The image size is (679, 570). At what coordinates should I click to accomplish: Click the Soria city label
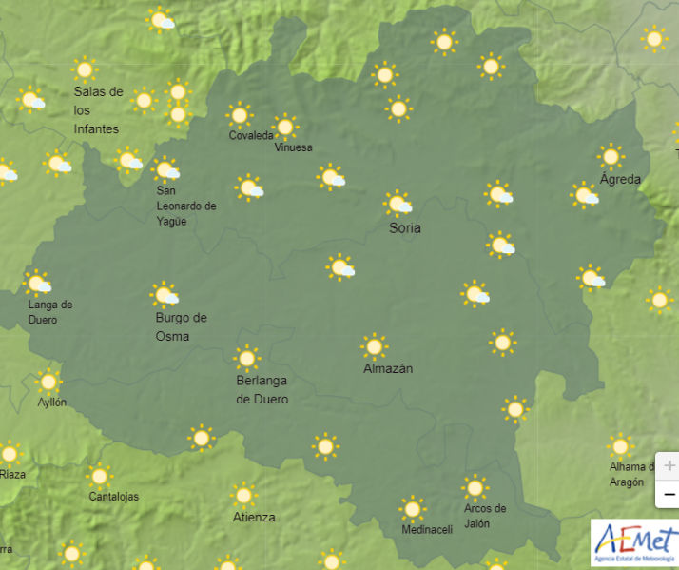click(x=405, y=228)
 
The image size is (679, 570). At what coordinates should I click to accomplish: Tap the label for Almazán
click(x=388, y=368)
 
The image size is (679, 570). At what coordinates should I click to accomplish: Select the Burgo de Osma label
click(x=181, y=326)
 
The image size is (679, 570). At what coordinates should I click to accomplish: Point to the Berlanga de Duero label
click(x=262, y=389)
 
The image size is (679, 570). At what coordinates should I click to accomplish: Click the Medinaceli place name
click(x=427, y=530)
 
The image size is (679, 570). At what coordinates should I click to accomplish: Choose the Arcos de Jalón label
click(x=485, y=516)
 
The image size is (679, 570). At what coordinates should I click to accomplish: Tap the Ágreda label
click(x=620, y=179)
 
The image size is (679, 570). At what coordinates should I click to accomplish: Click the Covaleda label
click(x=251, y=135)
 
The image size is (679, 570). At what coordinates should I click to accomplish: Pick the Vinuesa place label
click(x=293, y=147)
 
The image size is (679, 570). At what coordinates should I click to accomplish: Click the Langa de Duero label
click(x=50, y=312)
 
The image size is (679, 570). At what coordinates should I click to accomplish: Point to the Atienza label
click(x=254, y=517)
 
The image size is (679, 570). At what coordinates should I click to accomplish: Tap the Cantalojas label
click(x=113, y=497)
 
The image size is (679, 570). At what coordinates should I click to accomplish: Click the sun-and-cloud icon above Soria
click(x=398, y=203)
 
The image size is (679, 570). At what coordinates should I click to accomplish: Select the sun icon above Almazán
click(x=375, y=346)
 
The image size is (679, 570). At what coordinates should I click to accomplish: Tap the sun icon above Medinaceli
click(x=412, y=508)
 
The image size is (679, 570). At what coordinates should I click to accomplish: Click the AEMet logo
click(x=635, y=543)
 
